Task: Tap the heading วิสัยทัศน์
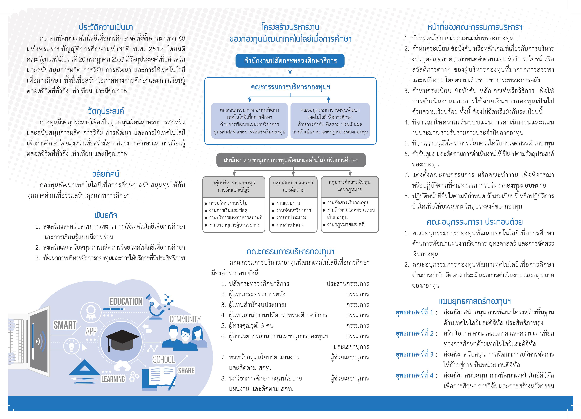coord(106,174)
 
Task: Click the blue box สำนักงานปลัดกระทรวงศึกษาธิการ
coord(290,61)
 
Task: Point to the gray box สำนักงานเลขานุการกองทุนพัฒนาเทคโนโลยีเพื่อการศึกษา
coord(291,160)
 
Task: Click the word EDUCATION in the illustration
coord(126,301)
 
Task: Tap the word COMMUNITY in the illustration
coord(185,319)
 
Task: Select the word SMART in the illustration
coord(65,325)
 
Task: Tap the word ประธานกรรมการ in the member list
coord(347,284)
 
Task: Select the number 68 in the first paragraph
coord(181,38)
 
